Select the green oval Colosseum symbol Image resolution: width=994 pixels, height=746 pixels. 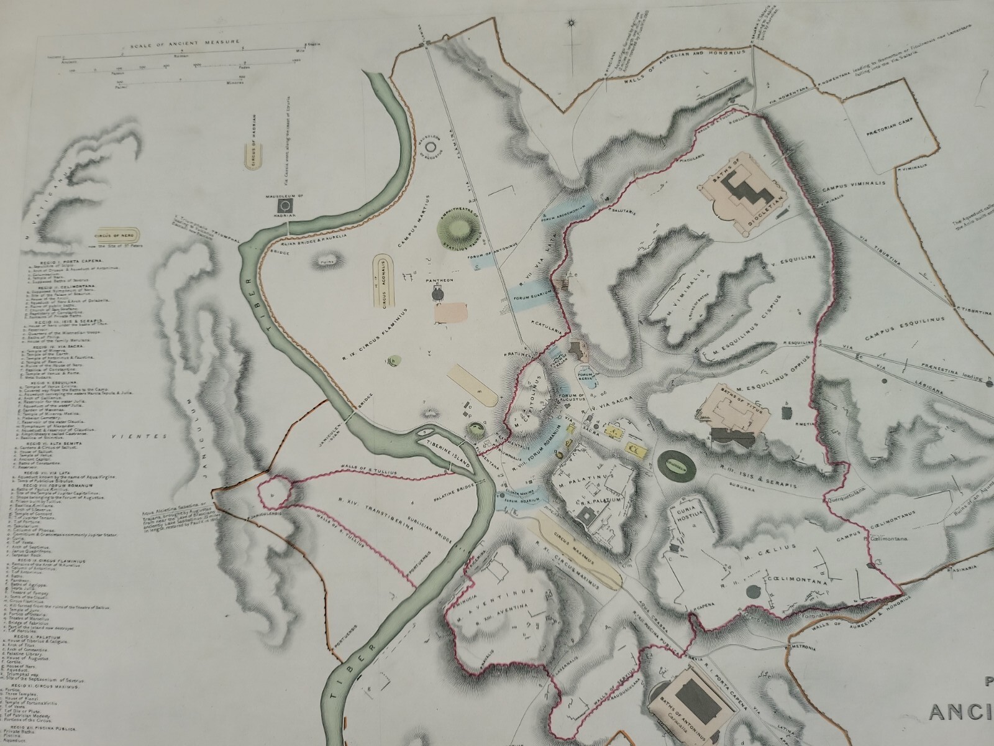click(x=675, y=463)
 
